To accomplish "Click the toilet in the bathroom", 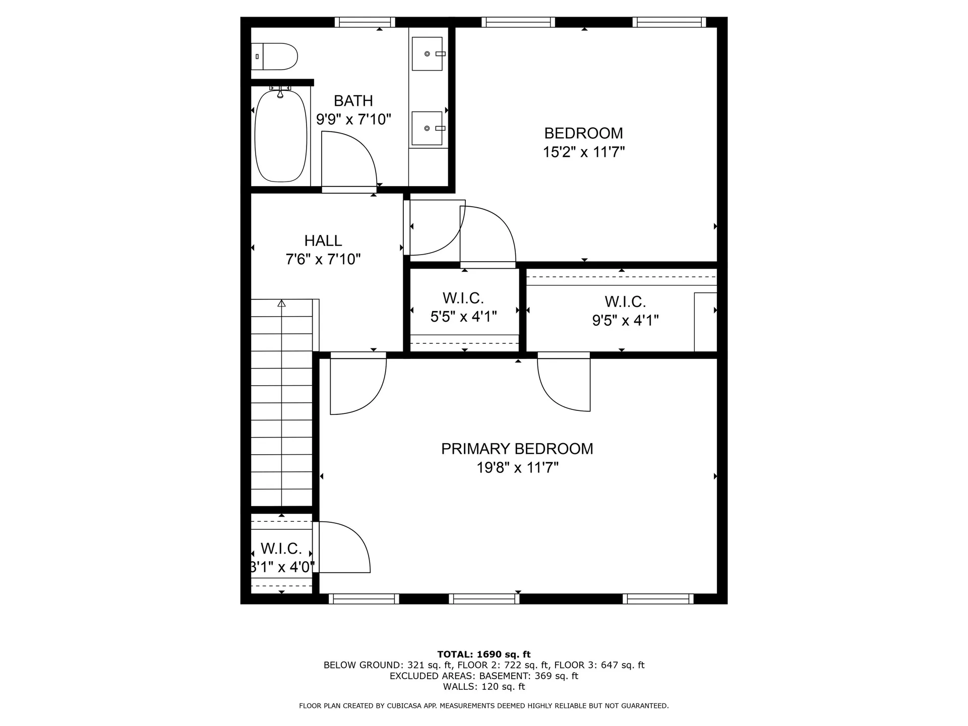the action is pyautogui.click(x=274, y=56).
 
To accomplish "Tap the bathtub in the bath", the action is pyautogui.click(x=281, y=136).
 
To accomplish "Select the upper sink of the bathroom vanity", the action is pyautogui.click(x=428, y=53).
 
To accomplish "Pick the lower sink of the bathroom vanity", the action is pyautogui.click(x=428, y=128).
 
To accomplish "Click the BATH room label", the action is pyautogui.click(x=353, y=101).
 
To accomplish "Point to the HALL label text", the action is pyautogui.click(x=323, y=240).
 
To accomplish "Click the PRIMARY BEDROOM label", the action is pyautogui.click(x=517, y=449).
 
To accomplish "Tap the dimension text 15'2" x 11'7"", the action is pyautogui.click(x=584, y=152).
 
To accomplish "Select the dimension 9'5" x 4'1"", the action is pyautogui.click(x=625, y=320).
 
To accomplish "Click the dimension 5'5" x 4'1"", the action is pyautogui.click(x=463, y=317).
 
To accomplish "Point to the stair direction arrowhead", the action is pyautogui.click(x=281, y=303).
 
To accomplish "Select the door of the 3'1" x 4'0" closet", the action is pyautogui.click(x=343, y=547).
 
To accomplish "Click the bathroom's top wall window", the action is pyautogui.click(x=365, y=22).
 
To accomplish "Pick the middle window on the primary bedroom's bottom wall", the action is pyautogui.click(x=484, y=599).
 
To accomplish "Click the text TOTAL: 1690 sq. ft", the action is pyautogui.click(x=484, y=654).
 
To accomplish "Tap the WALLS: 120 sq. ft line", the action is pyautogui.click(x=484, y=687).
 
